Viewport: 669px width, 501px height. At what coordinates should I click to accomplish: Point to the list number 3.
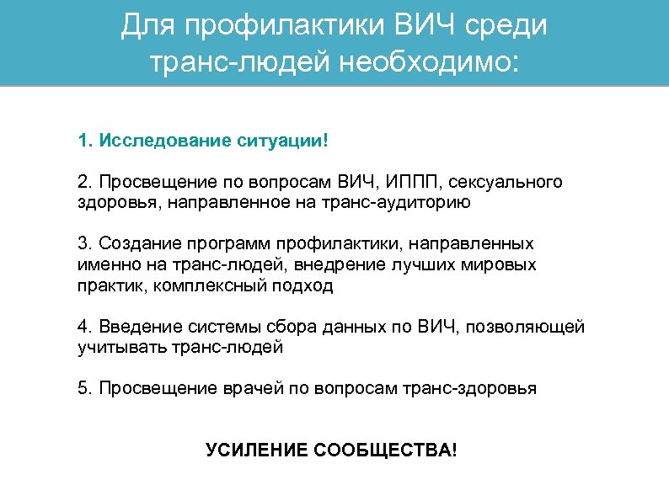pos(83,244)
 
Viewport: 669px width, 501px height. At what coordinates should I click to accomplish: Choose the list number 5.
pos(83,389)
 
